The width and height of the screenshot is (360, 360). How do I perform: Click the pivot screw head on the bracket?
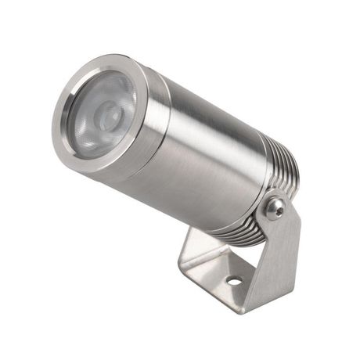pos(273,207)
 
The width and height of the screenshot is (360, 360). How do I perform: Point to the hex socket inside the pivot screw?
pos(274,207)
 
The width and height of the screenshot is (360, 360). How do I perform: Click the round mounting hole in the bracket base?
pos(234,279)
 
